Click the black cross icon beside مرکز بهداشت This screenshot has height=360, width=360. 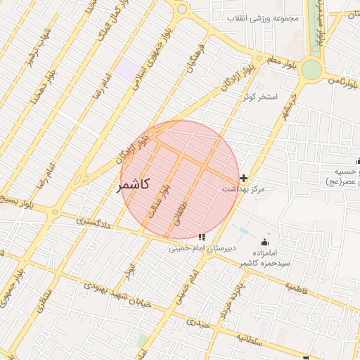click(x=244, y=179)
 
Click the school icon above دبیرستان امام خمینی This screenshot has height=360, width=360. click(x=202, y=238)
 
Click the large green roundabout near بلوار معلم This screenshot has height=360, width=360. click(x=311, y=70)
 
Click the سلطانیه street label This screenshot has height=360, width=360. click(x=249, y=338)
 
